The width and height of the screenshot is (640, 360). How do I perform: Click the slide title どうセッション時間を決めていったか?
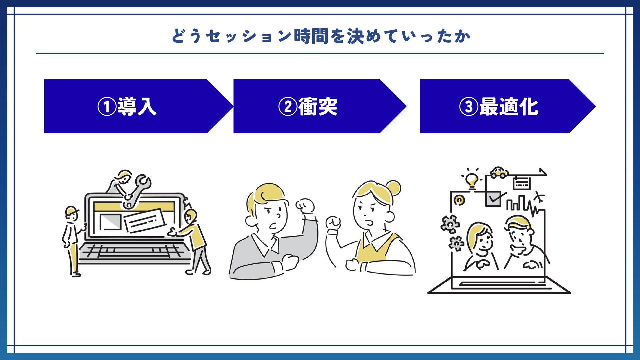click(321, 36)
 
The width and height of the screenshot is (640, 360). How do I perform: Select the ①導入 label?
click(127, 107)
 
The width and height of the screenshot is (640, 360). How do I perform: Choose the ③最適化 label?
click(499, 107)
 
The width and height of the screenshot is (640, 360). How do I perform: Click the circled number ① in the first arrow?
click(107, 107)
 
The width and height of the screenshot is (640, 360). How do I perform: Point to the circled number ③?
click(469, 107)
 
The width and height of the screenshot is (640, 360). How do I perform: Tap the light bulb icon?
click(471, 180)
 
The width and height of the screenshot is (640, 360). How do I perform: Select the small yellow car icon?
click(499, 172)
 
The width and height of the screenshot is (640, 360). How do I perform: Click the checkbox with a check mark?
click(493, 199)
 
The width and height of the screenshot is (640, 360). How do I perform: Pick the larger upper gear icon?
click(450, 224)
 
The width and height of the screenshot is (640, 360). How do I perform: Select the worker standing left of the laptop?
click(72, 240)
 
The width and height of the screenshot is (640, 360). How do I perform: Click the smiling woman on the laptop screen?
click(480, 247)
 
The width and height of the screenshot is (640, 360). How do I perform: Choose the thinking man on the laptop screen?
click(522, 243)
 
